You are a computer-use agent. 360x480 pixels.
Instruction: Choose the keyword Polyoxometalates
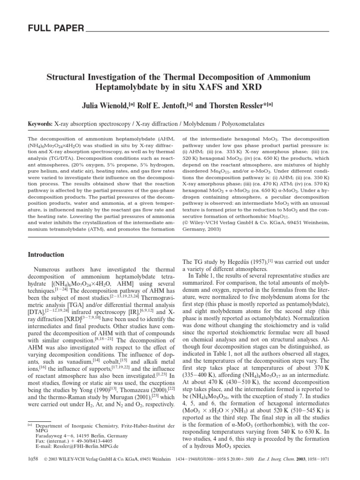pyautogui.click(x=240, y=124)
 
